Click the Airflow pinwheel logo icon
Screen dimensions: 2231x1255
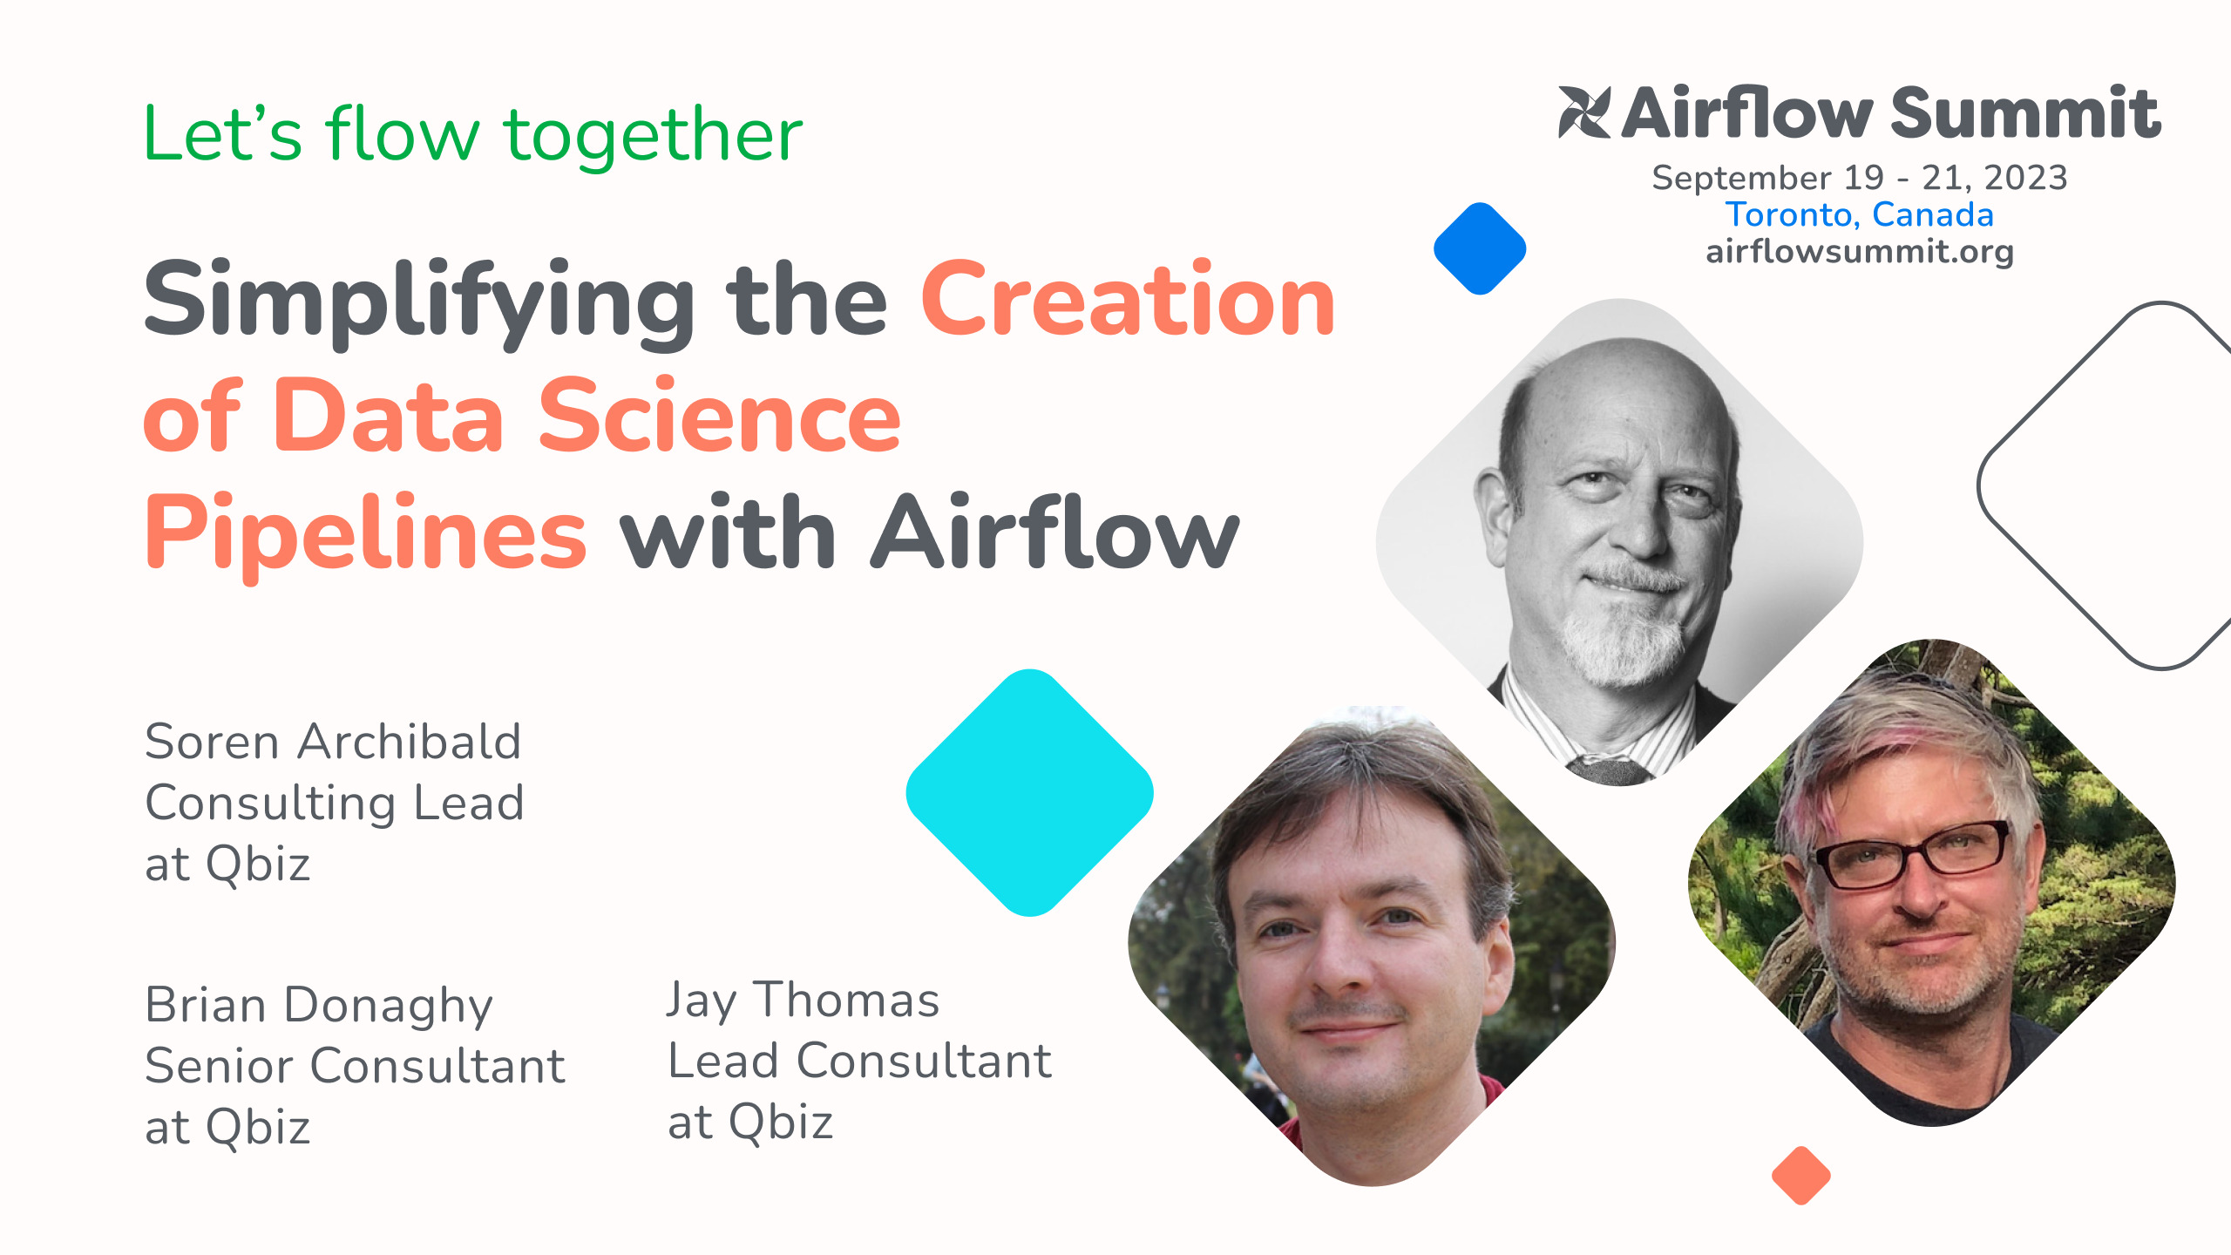tap(1584, 112)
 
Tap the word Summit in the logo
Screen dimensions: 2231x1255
tap(2026, 113)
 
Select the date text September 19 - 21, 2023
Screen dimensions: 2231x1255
tap(1860, 178)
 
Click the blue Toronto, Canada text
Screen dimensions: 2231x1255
tap(1860, 214)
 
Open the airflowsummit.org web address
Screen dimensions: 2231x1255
tap(1860, 252)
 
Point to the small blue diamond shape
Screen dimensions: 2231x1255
tap(1480, 248)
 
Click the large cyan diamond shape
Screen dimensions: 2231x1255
tap(1030, 793)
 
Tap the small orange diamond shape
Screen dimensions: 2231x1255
tap(1801, 1176)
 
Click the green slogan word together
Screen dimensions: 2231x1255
tap(653, 137)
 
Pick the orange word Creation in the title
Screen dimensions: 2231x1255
tap(1129, 299)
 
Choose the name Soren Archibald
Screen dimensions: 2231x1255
tap(333, 742)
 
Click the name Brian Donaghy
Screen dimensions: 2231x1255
tap(319, 1007)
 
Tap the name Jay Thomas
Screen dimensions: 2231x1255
tap(804, 1001)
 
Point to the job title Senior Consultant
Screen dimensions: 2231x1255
tap(356, 1066)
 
